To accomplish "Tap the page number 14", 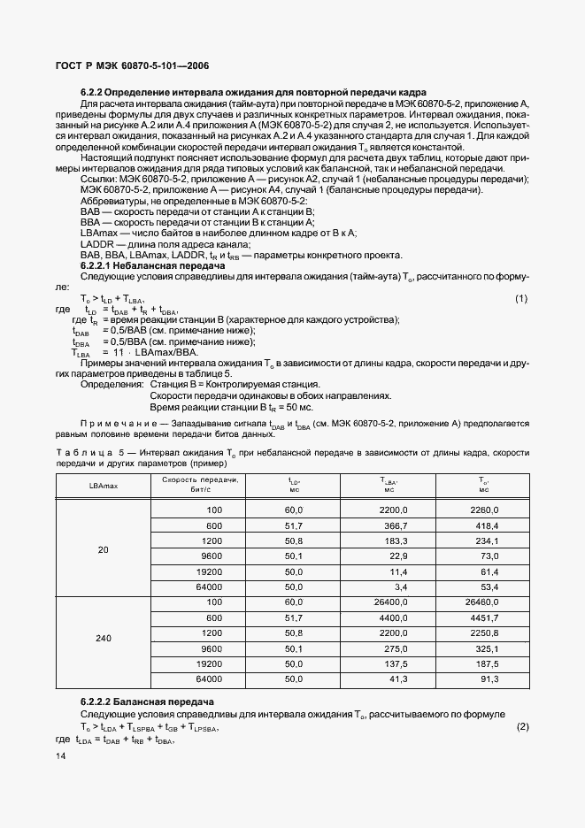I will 61,755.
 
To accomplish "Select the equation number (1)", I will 521,298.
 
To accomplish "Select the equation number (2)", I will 521,727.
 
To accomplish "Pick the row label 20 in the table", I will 103,550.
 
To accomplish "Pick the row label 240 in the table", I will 103,636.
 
